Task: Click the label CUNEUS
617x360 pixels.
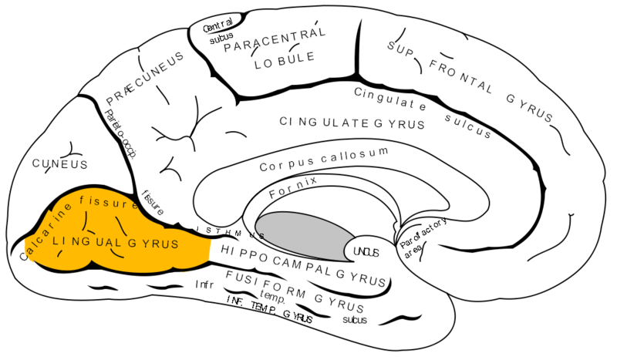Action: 59,164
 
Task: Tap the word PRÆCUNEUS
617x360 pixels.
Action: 145,79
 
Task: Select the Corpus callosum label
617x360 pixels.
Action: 322,160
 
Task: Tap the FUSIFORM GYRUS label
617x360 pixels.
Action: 305,286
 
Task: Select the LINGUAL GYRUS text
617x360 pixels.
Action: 116,243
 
